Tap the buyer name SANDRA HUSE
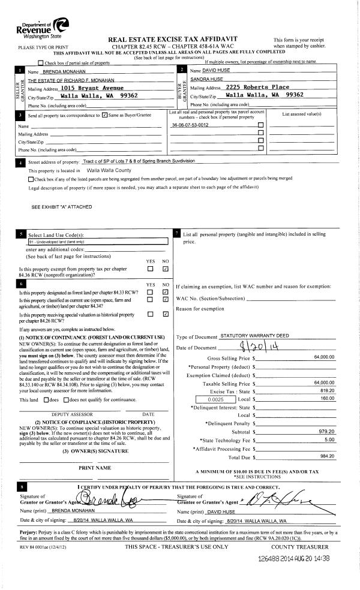(206, 79)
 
